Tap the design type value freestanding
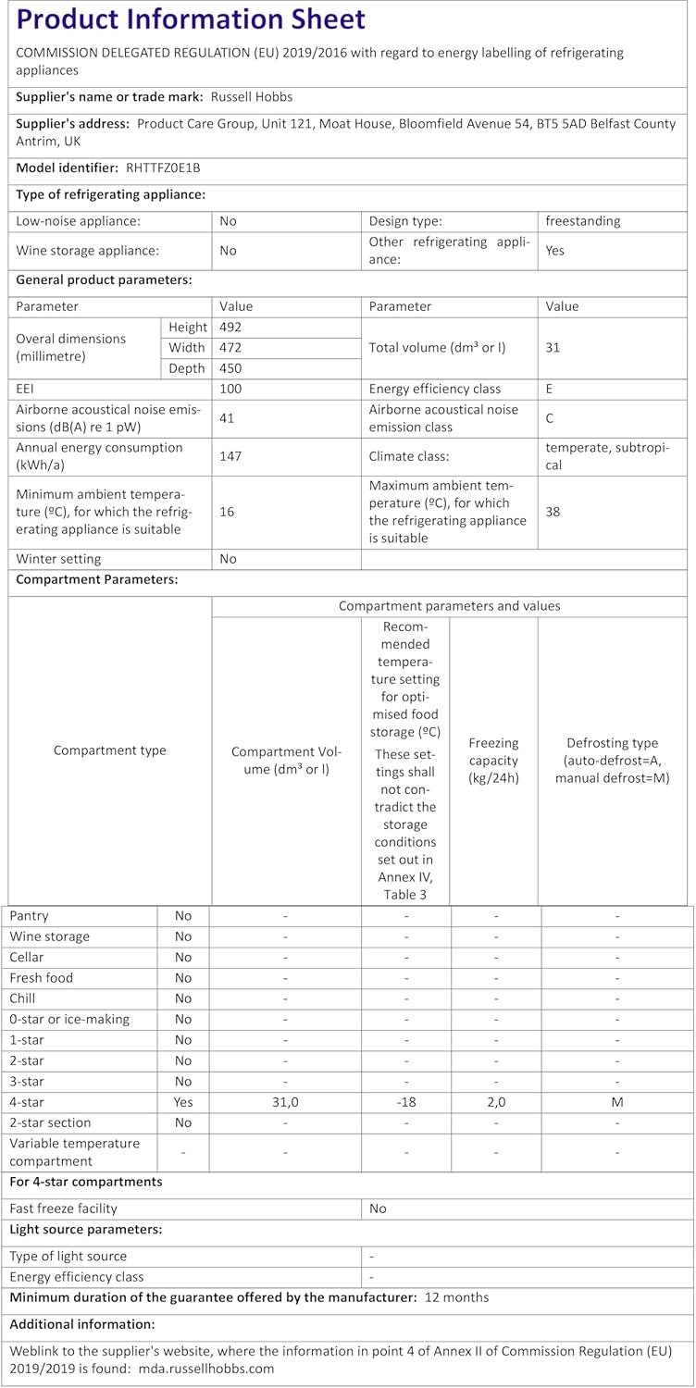(583, 221)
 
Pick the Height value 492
(230, 327)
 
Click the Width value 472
(230, 348)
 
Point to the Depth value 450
(230, 368)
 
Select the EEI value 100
(230, 389)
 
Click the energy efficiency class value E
(550, 389)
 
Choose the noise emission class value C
(550, 418)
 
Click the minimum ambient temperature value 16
(227, 511)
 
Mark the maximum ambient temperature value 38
(553, 511)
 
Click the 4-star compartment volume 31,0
(285, 1102)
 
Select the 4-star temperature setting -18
(405, 1102)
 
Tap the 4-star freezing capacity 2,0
(496, 1102)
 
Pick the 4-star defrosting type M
(616, 1102)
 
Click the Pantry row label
(29, 915)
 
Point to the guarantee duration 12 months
(456, 1297)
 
